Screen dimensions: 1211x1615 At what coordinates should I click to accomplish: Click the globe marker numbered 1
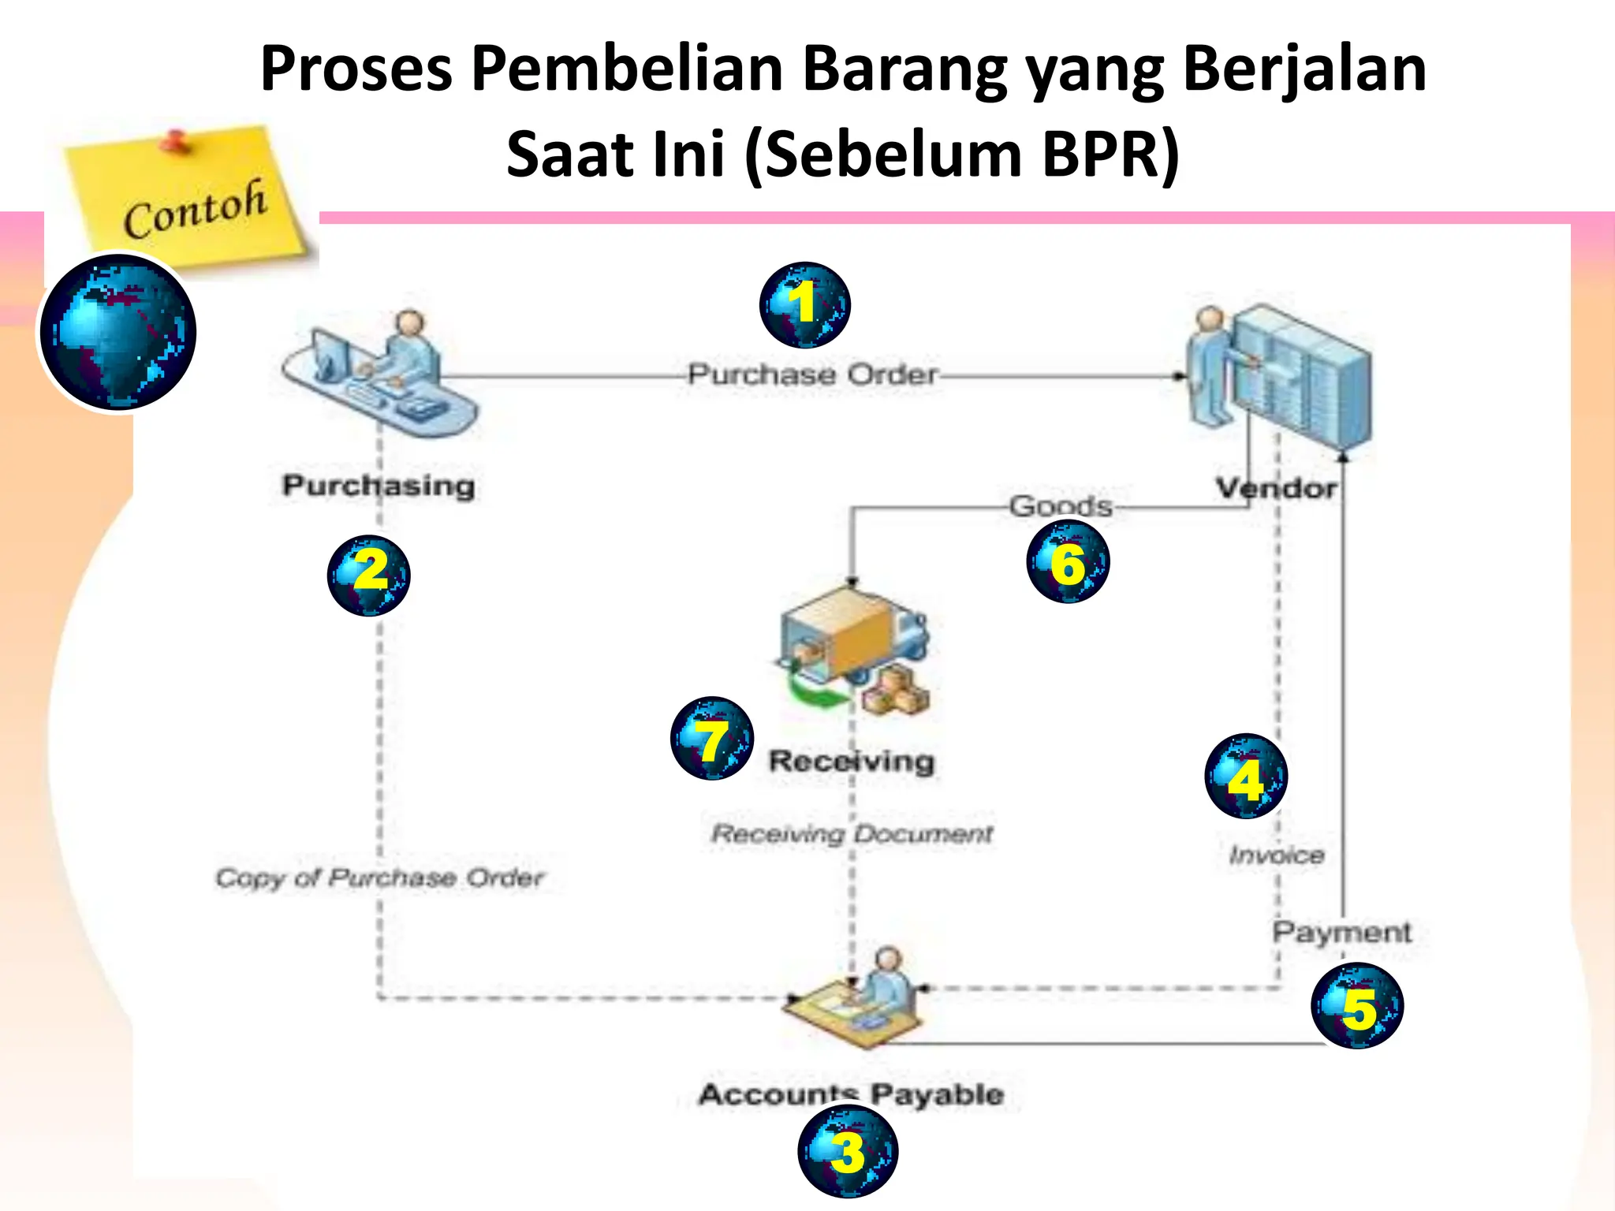click(x=804, y=305)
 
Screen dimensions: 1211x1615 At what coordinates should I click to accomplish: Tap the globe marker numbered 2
click(x=369, y=575)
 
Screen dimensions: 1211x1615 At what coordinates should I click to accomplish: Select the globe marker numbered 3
click(x=848, y=1151)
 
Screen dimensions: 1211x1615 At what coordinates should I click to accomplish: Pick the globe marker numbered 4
click(x=1246, y=776)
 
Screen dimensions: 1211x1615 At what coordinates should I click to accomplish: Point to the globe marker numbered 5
click(x=1357, y=1006)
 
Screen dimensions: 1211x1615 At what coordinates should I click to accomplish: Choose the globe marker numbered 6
click(x=1068, y=561)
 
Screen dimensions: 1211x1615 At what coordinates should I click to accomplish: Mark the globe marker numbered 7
click(x=712, y=738)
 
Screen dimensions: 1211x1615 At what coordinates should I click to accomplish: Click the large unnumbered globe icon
click(x=118, y=332)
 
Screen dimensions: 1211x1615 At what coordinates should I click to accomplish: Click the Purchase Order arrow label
click(x=812, y=374)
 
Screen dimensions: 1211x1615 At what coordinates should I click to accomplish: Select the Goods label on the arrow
click(x=1061, y=505)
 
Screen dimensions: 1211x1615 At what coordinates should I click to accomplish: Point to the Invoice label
click(x=1277, y=855)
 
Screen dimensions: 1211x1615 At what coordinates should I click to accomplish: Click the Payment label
click(x=1341, y=932)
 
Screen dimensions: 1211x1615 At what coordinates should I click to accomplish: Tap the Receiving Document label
click(x=852, y=833)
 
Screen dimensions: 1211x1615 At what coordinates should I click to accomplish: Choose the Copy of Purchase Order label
click(x=380, y=878)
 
